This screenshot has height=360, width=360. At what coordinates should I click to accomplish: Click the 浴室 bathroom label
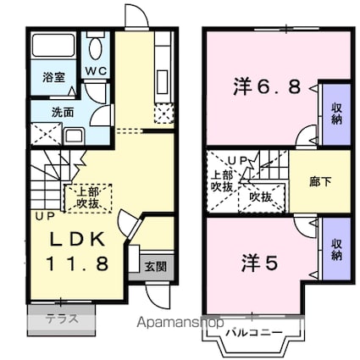(x=53, y=78)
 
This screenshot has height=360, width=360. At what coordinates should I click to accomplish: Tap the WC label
(x=97, y=71)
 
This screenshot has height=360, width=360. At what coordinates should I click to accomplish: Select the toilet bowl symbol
(x=95, y=47)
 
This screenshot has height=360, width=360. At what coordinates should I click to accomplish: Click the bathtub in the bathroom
(x=53, y=45)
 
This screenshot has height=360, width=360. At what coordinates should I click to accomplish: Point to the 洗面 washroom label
(x=63, y=113)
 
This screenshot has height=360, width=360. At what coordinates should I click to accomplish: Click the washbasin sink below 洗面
(x=74, y=136)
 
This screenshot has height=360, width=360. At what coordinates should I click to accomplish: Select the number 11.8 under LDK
(x=77, y=263)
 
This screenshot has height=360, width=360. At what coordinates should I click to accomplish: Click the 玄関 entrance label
(x=156, y=267)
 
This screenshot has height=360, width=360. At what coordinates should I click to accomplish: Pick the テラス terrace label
(x=62, y=319)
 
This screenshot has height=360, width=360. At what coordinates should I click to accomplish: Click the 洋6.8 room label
(x=267, y=86)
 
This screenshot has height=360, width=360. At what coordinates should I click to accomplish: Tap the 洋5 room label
(x=259, y=263)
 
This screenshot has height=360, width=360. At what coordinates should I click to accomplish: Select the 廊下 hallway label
(x=320, y=182)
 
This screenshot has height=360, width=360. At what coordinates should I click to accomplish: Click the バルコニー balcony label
(x=254, y=332)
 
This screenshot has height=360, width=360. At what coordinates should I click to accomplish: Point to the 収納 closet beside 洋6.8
(x=336, y=114)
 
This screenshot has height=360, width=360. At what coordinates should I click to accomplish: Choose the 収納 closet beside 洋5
(x=336, y=250)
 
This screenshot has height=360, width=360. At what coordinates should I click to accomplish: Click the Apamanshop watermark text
(x=180, y=323)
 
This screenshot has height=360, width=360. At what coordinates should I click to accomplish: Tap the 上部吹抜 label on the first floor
(x=88, y=198)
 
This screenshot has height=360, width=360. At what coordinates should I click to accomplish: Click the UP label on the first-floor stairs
(x=45, y=217)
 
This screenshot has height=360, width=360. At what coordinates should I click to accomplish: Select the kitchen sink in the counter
(x=163, y=82)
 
